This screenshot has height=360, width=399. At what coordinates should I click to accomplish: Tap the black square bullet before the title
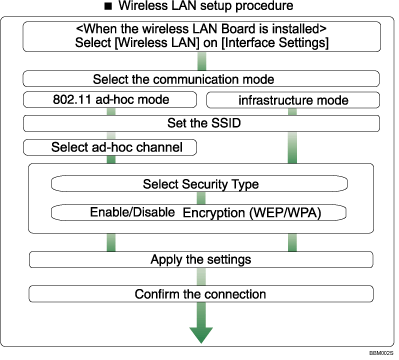pos(105,8)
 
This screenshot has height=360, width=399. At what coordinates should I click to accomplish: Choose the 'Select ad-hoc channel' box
pos(109,148)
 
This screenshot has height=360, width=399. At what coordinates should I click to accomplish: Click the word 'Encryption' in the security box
pos(216,212)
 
